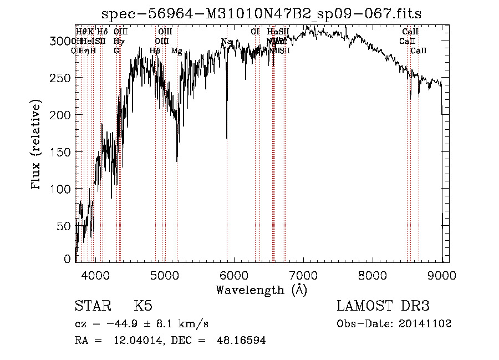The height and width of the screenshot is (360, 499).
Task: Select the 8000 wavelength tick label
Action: [x=373, y=273]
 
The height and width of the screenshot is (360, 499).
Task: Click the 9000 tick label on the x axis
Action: [x=442, y=273]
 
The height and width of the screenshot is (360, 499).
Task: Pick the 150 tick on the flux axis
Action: [x=64, y=152]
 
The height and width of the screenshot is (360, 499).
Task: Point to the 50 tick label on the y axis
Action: [x=67, y=226]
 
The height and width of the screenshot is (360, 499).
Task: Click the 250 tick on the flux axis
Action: [x=64, y=78]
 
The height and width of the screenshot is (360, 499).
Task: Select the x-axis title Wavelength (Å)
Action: [x=261, y=290]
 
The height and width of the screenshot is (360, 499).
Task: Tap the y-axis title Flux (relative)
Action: [x=37, y=145]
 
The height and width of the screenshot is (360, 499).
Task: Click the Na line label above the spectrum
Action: [x=226, y=42]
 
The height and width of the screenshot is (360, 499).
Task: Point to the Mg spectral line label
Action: [x=176, y=51]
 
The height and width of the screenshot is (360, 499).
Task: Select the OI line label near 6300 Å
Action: [x=255, y=32]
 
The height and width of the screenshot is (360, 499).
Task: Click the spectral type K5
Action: [x=142, y=306]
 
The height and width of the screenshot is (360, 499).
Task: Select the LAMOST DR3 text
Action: [x=383, y=306]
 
